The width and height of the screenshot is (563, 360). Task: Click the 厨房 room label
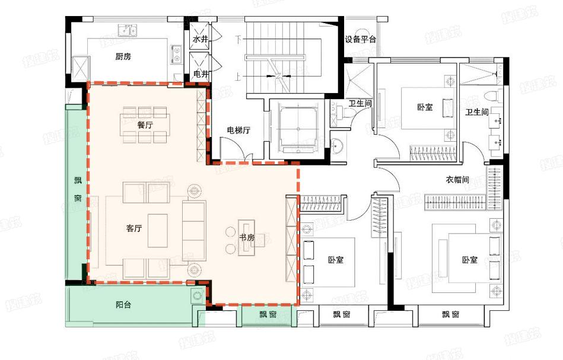123,57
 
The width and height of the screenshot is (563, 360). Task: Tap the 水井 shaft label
199,39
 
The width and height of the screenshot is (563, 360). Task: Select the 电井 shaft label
201,74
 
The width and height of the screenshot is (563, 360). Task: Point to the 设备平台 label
361,40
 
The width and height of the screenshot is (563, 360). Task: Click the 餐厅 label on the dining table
145,125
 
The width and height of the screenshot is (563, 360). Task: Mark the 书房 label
246,237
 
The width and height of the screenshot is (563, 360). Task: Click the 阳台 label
123,305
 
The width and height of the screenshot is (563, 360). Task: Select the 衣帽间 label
457,180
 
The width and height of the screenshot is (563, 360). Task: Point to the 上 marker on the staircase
238,77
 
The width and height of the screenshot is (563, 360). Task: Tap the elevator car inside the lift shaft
296,126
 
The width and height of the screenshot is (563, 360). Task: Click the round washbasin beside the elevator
339,146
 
